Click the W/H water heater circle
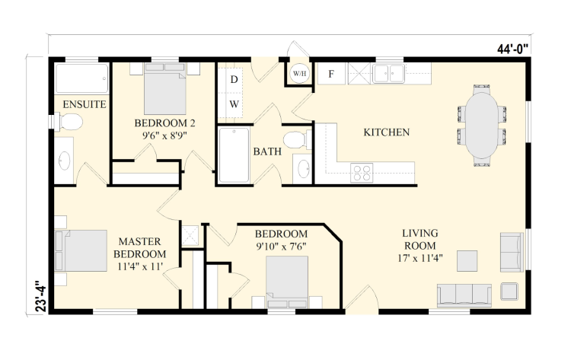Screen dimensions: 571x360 click(299, 74)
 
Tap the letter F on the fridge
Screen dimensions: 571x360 click(331, 74)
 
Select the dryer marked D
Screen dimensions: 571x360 click(234, 79)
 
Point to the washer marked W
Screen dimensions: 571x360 click(234, 104)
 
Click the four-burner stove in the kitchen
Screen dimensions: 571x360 click(362, 173)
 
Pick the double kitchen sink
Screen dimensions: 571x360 click(388, 74)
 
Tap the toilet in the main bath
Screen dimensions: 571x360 click(298, 140)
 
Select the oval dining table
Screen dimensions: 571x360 click(482, 126)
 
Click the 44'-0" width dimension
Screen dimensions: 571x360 click(512, 49)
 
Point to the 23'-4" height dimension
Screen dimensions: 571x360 click(41, 295)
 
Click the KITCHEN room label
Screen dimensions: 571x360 click(386, 132)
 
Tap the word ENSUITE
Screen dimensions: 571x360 click(85, 104)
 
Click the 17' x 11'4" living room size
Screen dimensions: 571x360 click(420, 258)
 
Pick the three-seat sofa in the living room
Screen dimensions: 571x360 click(464, 295)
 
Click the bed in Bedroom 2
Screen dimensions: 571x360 click(165, 89)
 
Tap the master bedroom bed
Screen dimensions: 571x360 click(81, 250)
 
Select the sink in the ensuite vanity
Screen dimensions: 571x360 click(65, 160)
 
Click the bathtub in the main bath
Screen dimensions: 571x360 click(234, 155)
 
